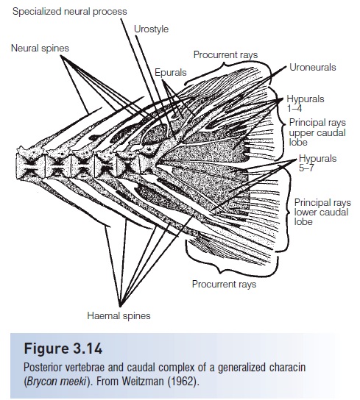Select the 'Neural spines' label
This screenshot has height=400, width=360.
[40, 49]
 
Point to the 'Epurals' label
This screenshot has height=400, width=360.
[171, 73]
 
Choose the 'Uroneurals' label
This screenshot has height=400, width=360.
[312, 67]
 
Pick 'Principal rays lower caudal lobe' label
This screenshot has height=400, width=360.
[322, 210]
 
